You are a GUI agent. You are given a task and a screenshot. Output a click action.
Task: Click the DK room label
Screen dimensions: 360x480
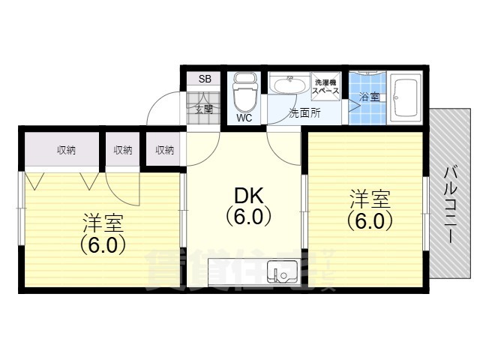click(247, 196)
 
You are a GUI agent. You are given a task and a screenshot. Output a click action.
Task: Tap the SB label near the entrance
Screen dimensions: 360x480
click(204, 79)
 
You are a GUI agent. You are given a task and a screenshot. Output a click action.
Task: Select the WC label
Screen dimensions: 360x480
click(244, 118)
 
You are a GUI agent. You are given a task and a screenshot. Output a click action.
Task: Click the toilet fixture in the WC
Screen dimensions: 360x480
click(244, 93)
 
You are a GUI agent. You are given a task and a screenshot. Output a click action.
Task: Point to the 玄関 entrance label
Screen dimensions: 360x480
click(204, 109)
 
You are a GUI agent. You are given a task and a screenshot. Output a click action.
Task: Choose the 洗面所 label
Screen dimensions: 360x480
click(304, 113)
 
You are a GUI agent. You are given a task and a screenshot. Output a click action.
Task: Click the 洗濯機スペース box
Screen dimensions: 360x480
click(326, 86)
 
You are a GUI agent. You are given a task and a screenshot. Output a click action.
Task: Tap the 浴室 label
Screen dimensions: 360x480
click(368, 97)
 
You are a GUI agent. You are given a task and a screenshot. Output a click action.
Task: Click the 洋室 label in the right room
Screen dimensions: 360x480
click(369, 200)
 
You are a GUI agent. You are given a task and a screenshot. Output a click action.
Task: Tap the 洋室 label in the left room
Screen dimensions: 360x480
click(103, 223)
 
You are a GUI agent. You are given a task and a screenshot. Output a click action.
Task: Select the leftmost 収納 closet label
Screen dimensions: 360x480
click(66, 151)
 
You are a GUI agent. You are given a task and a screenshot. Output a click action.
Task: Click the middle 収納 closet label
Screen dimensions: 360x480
click(123, 151)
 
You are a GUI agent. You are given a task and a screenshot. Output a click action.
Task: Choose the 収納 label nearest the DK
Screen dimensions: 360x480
click(165, 151)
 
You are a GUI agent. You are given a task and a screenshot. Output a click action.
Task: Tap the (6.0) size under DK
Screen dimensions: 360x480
click(247, 217)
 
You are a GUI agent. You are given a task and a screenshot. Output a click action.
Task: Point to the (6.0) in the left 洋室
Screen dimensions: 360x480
click(103, 244)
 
